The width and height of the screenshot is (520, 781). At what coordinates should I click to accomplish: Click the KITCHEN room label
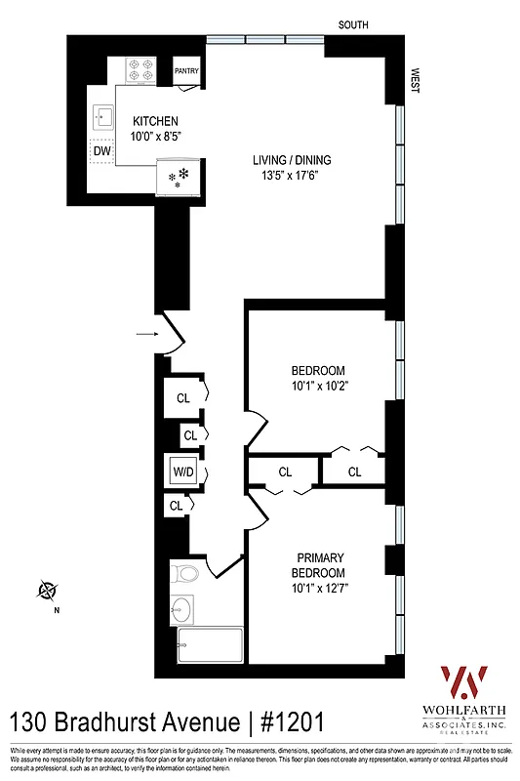pyautogui.click(x=155, y=121)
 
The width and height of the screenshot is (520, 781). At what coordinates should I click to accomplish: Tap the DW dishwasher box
pyautogui.click(x=101, y=152)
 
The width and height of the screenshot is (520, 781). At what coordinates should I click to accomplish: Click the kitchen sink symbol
pyautogui.click(x=102, y=118)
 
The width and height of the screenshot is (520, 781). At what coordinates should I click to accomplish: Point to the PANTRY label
pyautogui.click(x=187, y=71)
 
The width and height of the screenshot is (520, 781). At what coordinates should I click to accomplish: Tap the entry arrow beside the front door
pyautogui.click(x=145, y=335)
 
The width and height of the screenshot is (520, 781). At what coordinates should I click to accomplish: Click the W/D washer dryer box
pyautogui.click(x=183, y=472)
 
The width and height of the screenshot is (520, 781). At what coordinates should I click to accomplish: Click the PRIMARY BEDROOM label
pyautogui.click(x=319, y=564)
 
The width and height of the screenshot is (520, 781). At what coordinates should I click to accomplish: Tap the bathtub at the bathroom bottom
pyautogui.click(x=209, y=645)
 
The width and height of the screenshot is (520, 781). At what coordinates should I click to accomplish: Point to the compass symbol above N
pyautogui.click(x=47, y=590)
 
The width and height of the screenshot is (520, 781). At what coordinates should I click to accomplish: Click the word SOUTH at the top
pyautogui.click(x=353, y=24)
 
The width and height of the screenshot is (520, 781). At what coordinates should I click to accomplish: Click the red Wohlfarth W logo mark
pyautogui.click(x=464, y=680)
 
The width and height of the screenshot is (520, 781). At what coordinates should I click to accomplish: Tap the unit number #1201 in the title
pyautogui.click(x=287, y=723)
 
